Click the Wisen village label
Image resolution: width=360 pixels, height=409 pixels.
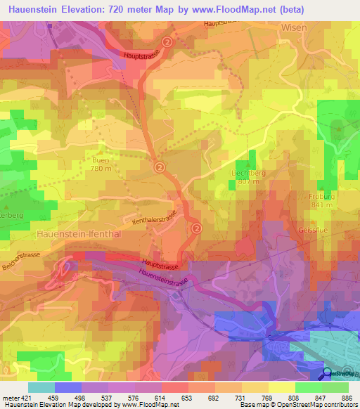click(x=294, y=27)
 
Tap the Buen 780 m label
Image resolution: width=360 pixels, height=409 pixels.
click(x=101, y=164)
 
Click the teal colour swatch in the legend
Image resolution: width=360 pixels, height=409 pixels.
click(x=41, y=387)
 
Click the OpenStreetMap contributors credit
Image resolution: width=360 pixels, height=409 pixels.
click(x=316, y=405)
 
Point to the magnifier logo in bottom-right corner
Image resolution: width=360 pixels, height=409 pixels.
click(x=328, y=372)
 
